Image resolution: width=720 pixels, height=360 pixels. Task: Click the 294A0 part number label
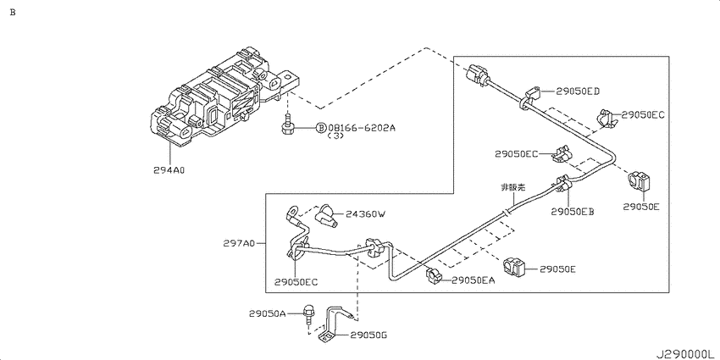point(169,169)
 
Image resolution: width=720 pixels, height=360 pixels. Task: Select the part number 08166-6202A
point(362,128)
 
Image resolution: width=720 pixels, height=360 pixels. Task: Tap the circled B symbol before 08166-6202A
point(321,128)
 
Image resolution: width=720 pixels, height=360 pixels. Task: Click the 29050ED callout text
point(578,91)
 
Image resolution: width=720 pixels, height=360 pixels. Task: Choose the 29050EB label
point(573,211)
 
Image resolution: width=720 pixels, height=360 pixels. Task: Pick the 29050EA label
point(473,280)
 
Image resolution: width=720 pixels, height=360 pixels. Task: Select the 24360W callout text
point(365,215)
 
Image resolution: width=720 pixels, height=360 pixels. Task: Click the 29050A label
point(269,313)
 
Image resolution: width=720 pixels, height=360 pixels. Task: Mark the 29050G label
point(366,336)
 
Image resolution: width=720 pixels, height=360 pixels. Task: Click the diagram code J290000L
point(683,351)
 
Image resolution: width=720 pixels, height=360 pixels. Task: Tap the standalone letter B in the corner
point(12,12)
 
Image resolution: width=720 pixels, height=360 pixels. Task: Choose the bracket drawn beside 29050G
point(330,326)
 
